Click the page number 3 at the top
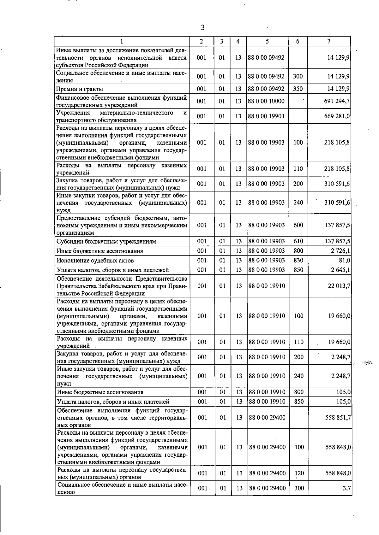(x=202, y=28)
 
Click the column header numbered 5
(x=267, y=41)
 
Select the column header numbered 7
(x=329, y=41)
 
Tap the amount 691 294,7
(x=337, y=101)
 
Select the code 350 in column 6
(x=298, y=89)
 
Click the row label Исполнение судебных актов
(x=95, y=261)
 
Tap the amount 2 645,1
(x=340, y=270)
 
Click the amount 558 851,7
(x=337, y=417)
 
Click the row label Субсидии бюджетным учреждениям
(x=106, y=242)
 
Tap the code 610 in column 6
(x=298, y=241)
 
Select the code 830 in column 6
(x=298, y=260)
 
